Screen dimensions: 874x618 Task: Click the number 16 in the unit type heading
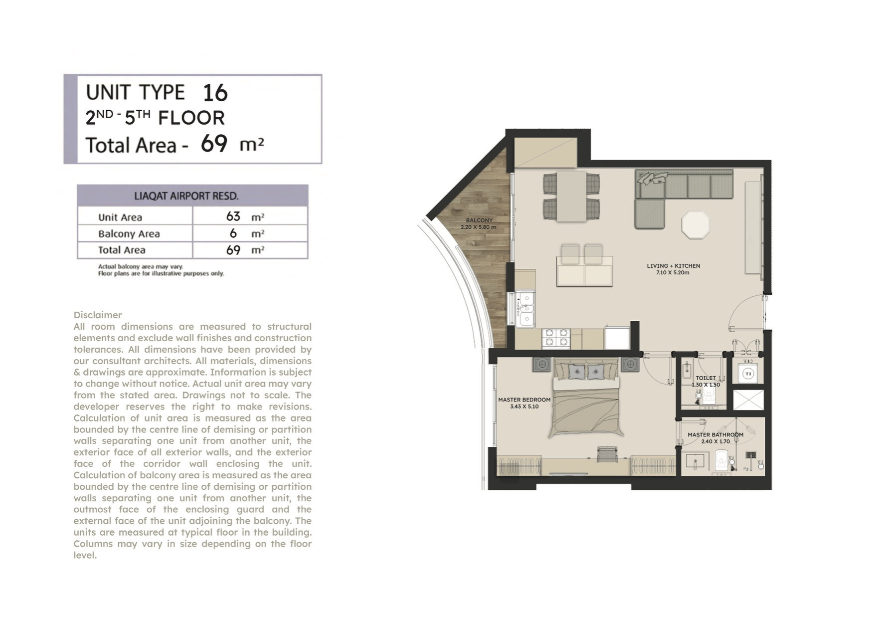[215, 93]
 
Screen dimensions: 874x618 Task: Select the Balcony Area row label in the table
[129, 233]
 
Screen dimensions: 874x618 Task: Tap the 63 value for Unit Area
[233, 216]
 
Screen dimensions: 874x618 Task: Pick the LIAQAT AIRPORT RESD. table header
[186, 196]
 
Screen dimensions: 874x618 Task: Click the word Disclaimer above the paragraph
[98, 315]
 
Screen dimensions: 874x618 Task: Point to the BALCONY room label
[479, 220]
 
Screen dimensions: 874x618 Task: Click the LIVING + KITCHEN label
[674, 266]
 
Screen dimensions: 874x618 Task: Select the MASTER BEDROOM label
[524, 400]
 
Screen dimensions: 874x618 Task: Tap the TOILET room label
[705, 378]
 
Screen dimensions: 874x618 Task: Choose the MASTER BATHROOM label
[715, 434]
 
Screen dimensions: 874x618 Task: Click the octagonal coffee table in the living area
[696, 225]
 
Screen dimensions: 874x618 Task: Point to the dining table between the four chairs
[571, 196]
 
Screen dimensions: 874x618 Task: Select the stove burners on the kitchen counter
[556, 338]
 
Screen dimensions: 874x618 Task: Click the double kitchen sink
[525, 309]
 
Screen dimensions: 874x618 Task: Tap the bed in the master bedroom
[586, 400]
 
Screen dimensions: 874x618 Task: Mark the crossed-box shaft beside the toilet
[748, 400]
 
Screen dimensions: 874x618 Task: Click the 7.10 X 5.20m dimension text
[673, 273]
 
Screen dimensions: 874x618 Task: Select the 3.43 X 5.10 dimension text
[524, 407]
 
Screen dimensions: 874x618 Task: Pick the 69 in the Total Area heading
[214, 144]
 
